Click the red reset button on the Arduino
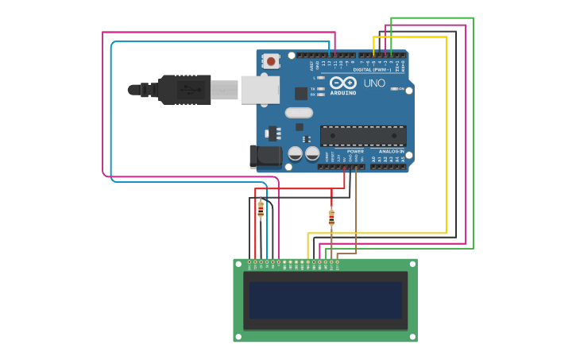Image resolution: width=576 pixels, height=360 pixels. (272, 60)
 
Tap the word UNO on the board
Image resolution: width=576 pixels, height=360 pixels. (374, 83)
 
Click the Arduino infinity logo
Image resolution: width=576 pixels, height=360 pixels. (343, 83)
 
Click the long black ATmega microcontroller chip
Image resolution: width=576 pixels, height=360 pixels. (363, 135)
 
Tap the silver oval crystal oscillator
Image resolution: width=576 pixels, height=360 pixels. (299, 113)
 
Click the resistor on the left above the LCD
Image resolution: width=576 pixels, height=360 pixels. (261, 209)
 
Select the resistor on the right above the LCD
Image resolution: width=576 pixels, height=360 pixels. (331, 217)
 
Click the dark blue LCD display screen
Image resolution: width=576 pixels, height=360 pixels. (325, 300)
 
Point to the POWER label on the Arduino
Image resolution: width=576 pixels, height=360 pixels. (355, 151)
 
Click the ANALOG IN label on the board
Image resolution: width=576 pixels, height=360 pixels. (391, 151)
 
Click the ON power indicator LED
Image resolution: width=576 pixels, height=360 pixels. (394, 89)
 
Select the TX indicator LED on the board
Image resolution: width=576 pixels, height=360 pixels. (320, 89)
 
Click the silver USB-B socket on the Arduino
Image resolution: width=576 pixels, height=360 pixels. (260, 90)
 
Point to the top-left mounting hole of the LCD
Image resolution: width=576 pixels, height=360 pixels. (238, 264)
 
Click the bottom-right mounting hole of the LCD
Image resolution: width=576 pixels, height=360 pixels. (412, 337)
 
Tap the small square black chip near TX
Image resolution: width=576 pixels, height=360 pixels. (301, 94)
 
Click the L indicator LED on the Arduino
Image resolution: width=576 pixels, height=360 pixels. (320, 78)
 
